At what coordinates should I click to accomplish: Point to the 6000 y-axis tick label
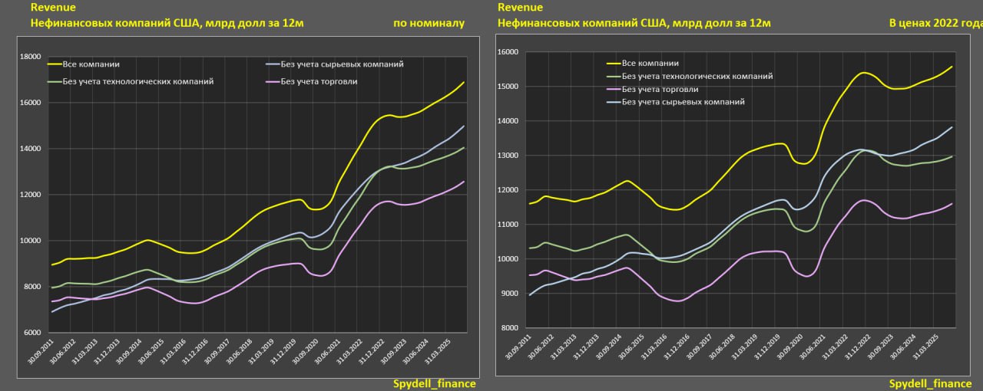coord(31,333)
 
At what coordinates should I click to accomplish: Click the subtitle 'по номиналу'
coord(429,23)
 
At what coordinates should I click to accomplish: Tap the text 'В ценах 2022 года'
coord(935,23)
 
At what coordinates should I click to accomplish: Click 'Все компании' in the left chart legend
coord(91,64)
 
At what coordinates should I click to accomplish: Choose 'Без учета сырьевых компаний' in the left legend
coord(343,64)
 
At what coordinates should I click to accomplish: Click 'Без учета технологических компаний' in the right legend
coord(697,76)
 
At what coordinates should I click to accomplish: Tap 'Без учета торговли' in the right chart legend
coord(660,89)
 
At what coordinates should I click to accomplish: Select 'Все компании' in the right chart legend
coord(650,63)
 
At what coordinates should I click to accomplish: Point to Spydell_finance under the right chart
coord(930,383)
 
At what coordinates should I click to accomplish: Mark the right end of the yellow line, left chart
coord(463,82)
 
